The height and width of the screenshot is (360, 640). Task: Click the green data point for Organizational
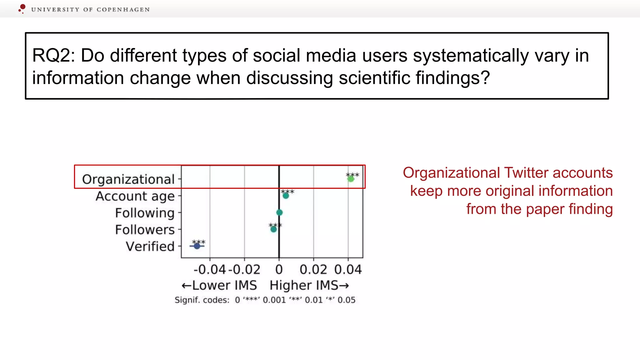click(x=351, y=179)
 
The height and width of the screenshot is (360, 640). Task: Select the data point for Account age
click(x=286, y=196)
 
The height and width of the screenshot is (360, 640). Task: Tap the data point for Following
click(x=279, y=212)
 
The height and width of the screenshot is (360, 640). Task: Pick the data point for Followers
click(x=273, y=229)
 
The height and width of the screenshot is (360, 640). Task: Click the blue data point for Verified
click(x=197, y=246)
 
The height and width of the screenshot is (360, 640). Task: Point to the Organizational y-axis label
click(x=128, y=179)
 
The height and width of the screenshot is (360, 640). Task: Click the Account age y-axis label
click(x=135, y=196)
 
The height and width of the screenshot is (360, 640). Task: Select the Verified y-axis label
click(x=150, y=246)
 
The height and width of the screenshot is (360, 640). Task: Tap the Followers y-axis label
click(x=145, y=230)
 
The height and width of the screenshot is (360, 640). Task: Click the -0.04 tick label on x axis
click(x=210, y=269)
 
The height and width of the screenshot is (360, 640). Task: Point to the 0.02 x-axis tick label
click(x=313, y=269)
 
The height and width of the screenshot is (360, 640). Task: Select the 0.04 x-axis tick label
click(x=348, y=269)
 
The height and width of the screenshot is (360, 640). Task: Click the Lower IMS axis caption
click(x=219, y=285)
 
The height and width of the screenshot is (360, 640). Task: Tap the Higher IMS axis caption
click(x=309, y=285)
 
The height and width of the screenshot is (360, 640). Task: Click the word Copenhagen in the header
click(x=123, y=10)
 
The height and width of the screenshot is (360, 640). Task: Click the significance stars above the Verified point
click(x=198, y=242)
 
